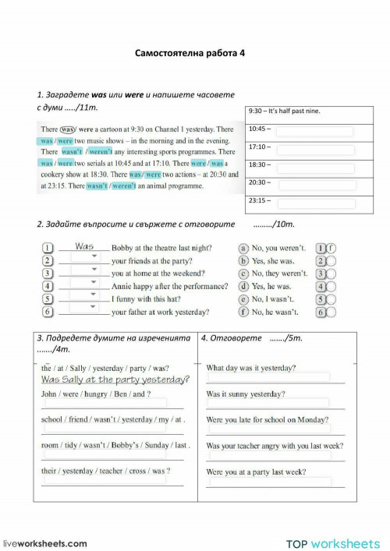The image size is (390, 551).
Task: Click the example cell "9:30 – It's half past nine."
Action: point(285,111)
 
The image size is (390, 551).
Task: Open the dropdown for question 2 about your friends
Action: point(83,260)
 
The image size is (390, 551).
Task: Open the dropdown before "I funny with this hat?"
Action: point(83,298)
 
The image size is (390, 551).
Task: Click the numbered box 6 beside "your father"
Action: point(48,312)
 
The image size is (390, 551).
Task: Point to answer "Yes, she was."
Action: point(271,260)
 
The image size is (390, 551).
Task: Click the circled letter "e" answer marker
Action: point(243,298)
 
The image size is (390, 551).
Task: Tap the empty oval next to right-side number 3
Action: point(331,274)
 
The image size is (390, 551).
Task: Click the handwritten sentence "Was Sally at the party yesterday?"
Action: point(115,380)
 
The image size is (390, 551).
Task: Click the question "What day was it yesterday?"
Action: point(250,368)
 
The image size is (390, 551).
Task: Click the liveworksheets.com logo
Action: point(45,543)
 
